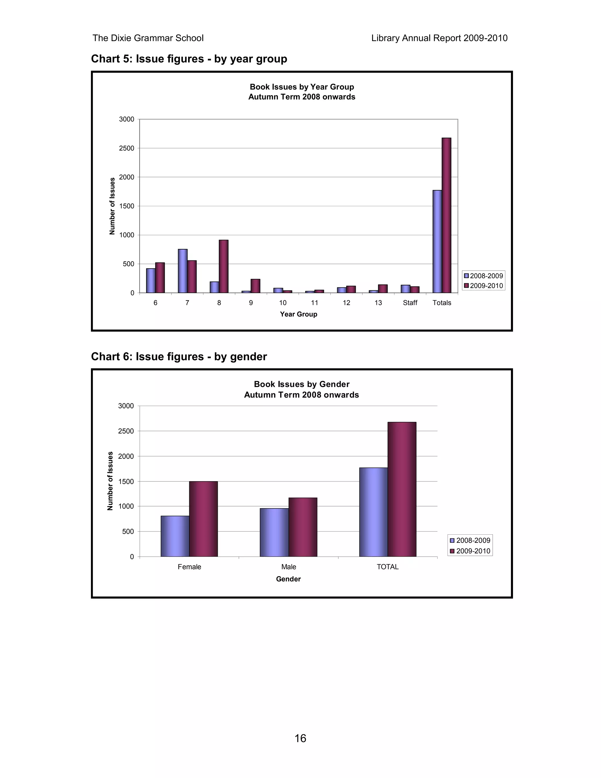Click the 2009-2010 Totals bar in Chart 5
point(446,215)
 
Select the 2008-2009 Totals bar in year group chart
point(437,242)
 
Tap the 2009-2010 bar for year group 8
point(224,267)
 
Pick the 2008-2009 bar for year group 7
point(183,271)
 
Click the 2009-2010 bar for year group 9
point(255,286)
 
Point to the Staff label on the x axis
point(410,303)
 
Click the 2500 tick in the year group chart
point(126,148)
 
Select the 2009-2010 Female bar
point(203,519)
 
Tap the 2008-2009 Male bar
point(274,532)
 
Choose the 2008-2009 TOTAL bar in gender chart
point(374,512)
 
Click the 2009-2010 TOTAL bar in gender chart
point(402,489)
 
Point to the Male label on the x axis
point(288,567)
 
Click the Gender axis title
point(288,579)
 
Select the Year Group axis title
point(298,314)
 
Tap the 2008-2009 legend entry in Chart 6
point(470,540)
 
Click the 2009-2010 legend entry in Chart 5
point(484,286)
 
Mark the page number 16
point(300,738)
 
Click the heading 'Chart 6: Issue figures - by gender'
point(179,357)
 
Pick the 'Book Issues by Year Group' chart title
point(302,87)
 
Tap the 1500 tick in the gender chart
point(126,481)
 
